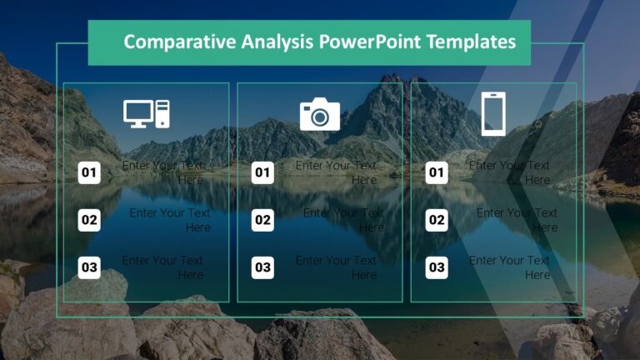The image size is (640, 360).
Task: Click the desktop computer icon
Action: [146, 114]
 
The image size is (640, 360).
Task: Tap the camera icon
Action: [319, 114]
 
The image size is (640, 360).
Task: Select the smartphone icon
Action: [493, 114]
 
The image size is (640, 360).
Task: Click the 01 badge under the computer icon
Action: [89, 173]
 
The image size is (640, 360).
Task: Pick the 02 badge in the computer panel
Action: [89, 221]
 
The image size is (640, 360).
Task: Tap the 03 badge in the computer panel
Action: [89, 267]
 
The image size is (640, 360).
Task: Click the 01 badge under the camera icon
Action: [262, 173]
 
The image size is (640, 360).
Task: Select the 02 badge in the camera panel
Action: [262, 221]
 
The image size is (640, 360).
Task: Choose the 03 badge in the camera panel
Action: [262, 267]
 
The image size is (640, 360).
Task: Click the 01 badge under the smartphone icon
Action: [437, 173]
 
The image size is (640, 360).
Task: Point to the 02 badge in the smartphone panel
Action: [437, 221]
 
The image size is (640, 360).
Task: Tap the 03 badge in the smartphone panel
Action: [437, 267]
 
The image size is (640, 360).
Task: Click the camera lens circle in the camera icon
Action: [320, 117]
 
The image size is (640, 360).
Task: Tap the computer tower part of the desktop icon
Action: [162, 113]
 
